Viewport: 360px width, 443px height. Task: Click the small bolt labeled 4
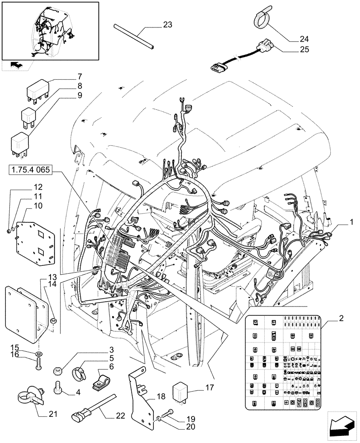click(58, 388)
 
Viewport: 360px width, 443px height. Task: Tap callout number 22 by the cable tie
click(120, 416)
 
